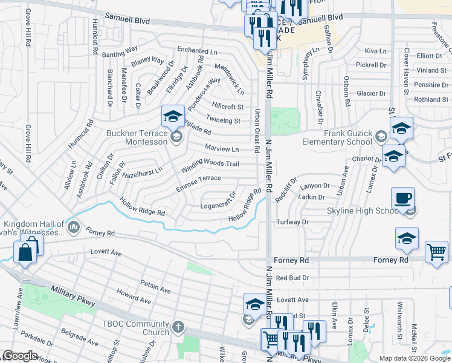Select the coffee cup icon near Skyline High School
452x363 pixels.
click(x=402, y=197)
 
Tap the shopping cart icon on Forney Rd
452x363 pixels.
click(x=436, y=251)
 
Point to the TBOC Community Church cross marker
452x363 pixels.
click(x=178, y=327)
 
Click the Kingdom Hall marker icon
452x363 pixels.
click(x=74, y=227)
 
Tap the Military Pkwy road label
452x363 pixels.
click(x=73, y=296)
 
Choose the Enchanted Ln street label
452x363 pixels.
click(x=197, y=51)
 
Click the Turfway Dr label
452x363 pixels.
click(x=292, y=222)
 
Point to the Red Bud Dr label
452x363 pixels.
click(x=292, y=278)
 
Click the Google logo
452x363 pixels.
click(x=21, y=356)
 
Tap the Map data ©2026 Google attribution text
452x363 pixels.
click(x=415, y=358)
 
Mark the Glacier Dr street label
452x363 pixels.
click(x=371, y=93)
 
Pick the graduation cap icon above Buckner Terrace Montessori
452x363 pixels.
click(x=173, y=116)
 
